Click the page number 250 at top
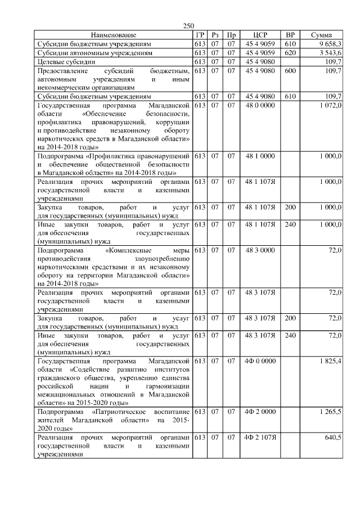pyautogui.click(x=188, y=26)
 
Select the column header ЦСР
pyautogui.click(x=260, y=35)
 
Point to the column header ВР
pyautogui.click(x=290, y=35)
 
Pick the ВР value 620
pyautogui.click(x=290, y=53)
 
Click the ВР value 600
pyautogui.click(x=290, y=71)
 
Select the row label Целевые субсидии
pyautogui.click(x=65, y=62)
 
